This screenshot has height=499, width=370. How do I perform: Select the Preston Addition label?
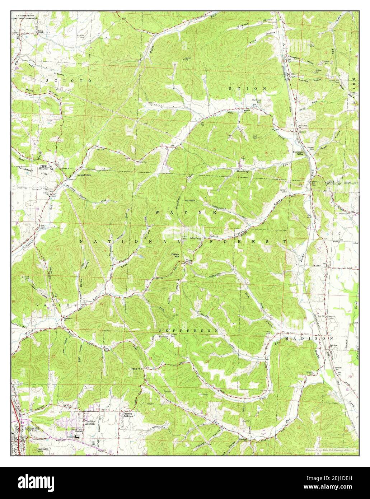128,415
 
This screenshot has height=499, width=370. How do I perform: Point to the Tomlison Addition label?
89,422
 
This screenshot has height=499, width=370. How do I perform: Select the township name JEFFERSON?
188,330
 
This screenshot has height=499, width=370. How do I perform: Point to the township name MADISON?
309,338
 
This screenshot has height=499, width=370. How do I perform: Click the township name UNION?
248,88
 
